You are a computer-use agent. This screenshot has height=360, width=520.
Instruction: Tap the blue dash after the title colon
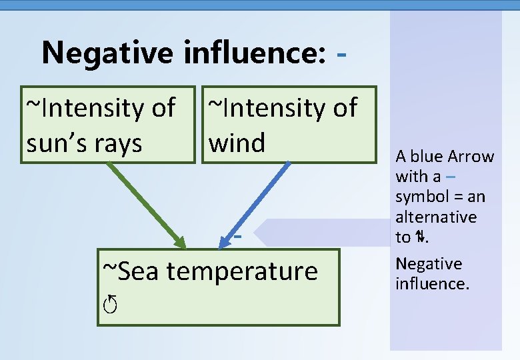342,53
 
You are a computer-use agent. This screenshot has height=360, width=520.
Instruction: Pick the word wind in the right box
237,142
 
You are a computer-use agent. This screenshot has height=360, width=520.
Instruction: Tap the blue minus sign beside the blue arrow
237,235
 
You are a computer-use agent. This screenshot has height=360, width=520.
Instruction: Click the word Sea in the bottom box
131,271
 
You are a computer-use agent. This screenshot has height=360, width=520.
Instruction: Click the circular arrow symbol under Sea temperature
110,305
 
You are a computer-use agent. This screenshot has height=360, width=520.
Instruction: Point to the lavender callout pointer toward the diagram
320,233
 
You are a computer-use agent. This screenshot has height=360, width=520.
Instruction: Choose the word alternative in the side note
436,217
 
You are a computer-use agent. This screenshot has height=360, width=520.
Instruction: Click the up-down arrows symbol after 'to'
420,237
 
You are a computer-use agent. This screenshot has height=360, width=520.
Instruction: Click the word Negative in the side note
429,264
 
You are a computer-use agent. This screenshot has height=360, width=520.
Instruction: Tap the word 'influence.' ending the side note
433,284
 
